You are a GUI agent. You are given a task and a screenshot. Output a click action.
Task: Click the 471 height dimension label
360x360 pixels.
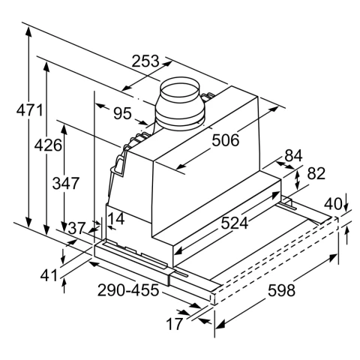pos(30,110)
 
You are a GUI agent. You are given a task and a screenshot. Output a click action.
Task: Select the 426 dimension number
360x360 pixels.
pos(48,145)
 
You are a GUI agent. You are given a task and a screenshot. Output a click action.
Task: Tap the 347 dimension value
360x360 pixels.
pos(66,183)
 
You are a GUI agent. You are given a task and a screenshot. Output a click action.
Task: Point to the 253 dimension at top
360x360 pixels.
pos(145,61)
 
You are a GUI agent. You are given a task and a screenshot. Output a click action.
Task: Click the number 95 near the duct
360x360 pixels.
pos(122,113)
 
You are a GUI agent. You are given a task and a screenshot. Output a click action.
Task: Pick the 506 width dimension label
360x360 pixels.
pos(226,140)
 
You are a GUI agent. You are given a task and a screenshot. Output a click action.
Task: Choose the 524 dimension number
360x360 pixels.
pos(235,223)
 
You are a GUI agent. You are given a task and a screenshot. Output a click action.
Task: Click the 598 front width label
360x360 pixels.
pos(281,290)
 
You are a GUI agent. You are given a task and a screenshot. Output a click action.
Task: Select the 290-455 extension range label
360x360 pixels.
pos(128,290)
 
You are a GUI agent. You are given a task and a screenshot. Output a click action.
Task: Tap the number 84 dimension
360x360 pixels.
pos(293,155)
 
